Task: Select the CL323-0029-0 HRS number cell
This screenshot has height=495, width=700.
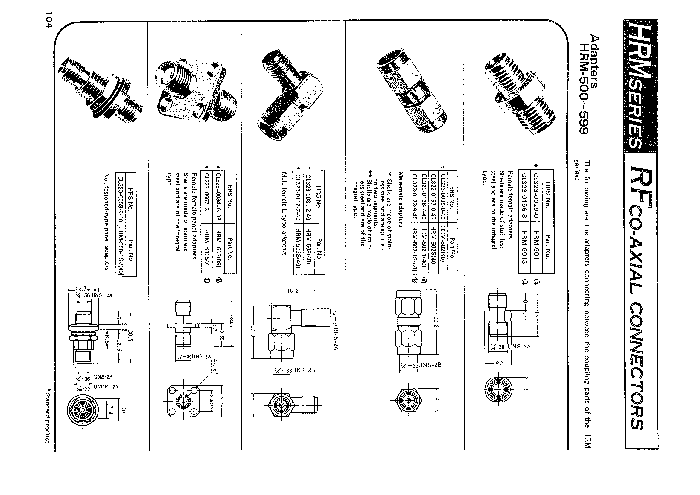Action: pyautogui.click(x=536, y=195)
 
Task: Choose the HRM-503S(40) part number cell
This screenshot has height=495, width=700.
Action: pyautogui.click(x=298, y=248)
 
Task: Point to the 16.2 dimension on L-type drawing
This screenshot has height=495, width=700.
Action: pyautogui.click(x=293, y=291)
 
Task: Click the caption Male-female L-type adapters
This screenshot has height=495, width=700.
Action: pyautogui.click(x=284, y=213)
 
